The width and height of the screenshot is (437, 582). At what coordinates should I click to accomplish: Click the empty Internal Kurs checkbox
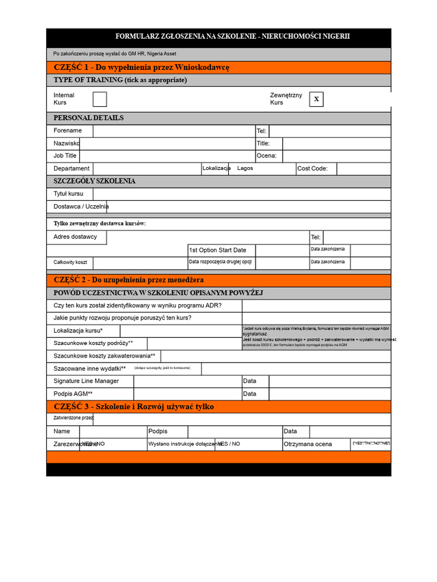pos(100,99)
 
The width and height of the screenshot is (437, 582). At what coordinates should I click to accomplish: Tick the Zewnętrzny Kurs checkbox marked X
pos(316,99)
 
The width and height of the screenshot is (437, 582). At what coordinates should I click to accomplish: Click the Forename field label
pos(68,131)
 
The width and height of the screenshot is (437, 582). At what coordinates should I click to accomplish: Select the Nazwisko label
pos(67,144)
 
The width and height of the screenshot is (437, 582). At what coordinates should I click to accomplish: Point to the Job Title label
pos(65,156)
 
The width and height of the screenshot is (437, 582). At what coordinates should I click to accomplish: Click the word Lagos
pos(245,168)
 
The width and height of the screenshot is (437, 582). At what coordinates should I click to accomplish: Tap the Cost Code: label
pos(312,169)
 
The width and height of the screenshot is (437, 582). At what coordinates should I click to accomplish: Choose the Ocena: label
pos(266,156)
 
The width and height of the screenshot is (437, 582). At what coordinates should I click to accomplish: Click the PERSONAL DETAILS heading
pos(88,118)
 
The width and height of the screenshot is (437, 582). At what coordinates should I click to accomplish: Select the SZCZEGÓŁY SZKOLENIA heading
pos(94,181)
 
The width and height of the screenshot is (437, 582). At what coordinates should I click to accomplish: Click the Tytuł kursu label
pos(68,194)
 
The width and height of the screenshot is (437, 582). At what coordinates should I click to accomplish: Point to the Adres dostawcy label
pos(75,237)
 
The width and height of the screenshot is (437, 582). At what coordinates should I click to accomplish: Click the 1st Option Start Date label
pos(218,250)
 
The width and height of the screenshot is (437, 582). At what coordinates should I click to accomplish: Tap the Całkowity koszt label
pos(70,263)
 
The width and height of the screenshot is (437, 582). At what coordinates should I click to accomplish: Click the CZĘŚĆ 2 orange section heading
pos(129,280)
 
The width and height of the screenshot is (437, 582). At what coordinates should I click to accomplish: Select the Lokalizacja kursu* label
pos(79,331)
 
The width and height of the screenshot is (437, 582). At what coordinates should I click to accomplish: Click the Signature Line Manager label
pos(86,381)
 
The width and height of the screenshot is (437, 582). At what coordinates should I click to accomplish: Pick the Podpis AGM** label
pos(73,394)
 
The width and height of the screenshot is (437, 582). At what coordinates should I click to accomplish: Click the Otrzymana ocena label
pos(308,444)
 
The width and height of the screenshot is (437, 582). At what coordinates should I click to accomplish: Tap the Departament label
pos(71,169)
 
